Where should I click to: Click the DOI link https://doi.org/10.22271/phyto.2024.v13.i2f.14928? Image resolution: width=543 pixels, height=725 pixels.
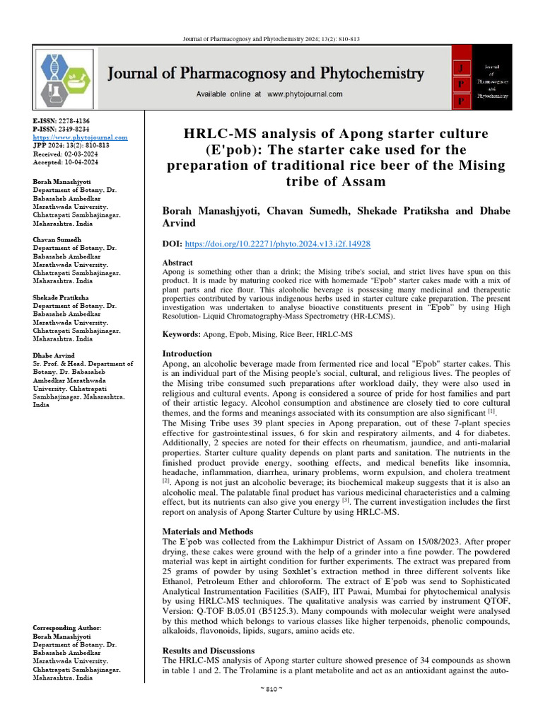point(277,244)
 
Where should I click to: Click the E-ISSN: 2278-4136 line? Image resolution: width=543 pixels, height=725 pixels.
point(62,122)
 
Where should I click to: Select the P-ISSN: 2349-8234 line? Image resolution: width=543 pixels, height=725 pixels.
point(62,130)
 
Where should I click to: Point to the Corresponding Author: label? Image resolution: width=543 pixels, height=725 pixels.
point(67,628)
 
